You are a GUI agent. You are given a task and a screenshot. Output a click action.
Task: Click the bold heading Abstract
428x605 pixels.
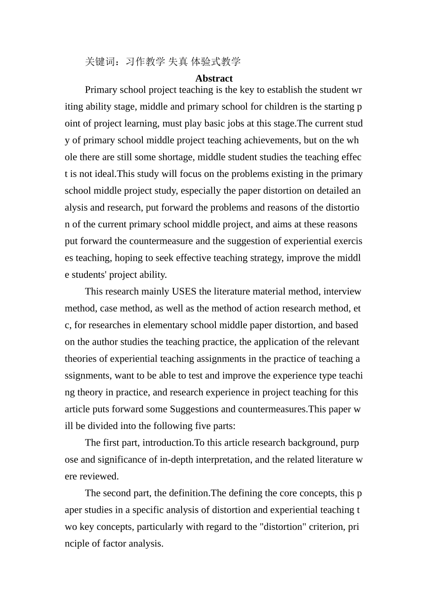pyautogui.click(x=214, y=78)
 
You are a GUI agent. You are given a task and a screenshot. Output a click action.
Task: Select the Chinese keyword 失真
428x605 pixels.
pyautogui.click(x=178, y=62)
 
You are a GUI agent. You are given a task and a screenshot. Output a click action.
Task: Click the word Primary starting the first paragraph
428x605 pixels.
pyautogui.click(x=100, y=90)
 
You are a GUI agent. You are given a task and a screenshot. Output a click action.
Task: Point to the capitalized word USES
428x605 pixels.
pyautogui.click(x=184, y=292)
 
